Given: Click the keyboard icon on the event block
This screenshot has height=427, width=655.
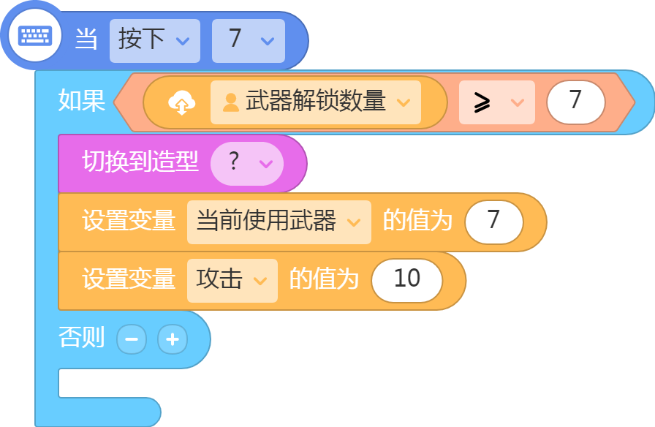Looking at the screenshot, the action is point(35,36).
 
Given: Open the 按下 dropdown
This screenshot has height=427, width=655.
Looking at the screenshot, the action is point(155,40).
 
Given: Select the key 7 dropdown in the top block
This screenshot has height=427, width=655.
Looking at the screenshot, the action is point(249,40).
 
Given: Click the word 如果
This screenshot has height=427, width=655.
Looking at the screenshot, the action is point(81,101).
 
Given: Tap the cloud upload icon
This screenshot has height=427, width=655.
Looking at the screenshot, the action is point(182,102).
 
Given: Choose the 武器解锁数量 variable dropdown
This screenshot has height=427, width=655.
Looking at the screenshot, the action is point(315,102).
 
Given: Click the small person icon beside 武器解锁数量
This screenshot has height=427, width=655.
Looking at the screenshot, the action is point(230,103).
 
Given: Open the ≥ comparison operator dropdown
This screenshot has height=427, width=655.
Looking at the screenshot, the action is point(496,102).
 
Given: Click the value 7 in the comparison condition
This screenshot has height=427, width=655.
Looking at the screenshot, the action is point(575,102).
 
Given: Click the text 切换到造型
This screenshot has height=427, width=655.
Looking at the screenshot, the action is point(140,162).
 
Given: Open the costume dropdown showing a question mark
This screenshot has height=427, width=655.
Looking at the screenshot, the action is point(247,163).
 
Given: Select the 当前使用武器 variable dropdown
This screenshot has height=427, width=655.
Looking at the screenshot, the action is point(279,222).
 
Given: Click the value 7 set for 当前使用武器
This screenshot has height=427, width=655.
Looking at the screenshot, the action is point(493,222).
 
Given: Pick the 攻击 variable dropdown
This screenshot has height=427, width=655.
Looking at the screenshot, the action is point(232,280).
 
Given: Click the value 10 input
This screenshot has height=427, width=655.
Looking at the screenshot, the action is point(407,280).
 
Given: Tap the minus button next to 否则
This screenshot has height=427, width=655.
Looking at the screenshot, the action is point(132,339).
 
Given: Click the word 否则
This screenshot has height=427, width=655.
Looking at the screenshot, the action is point(81,337).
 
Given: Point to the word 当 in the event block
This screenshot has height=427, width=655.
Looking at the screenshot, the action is point(86,39).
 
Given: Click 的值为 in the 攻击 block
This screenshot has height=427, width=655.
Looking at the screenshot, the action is point(324,279).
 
